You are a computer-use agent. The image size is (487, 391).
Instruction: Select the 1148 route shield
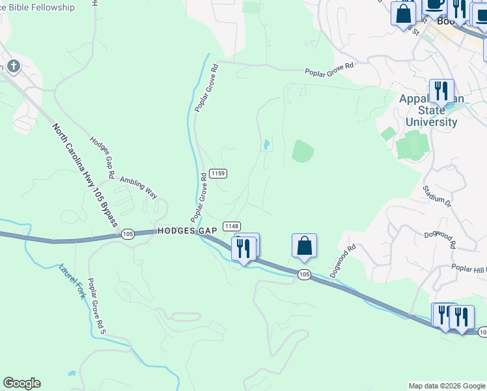click(x=231, y=225)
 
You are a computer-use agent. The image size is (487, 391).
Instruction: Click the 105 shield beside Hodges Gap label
click(x=128, y=233)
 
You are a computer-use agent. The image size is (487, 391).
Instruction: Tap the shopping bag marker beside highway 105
click(x=304, y=246)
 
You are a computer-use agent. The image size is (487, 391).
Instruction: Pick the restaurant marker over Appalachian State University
click(x=441, y=91)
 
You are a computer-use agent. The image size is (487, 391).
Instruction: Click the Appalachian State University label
click(x=431, y=110)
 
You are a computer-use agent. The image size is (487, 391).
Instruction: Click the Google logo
click(x=21, y=383)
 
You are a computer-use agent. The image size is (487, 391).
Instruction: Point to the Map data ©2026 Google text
click(x=447, y=386)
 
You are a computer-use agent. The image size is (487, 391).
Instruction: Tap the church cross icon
click(x=14, y=66)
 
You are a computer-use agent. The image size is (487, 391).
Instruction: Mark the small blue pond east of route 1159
click(x=266, y=145)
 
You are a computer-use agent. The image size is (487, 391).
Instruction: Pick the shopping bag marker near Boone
click(x=403, y=13)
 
